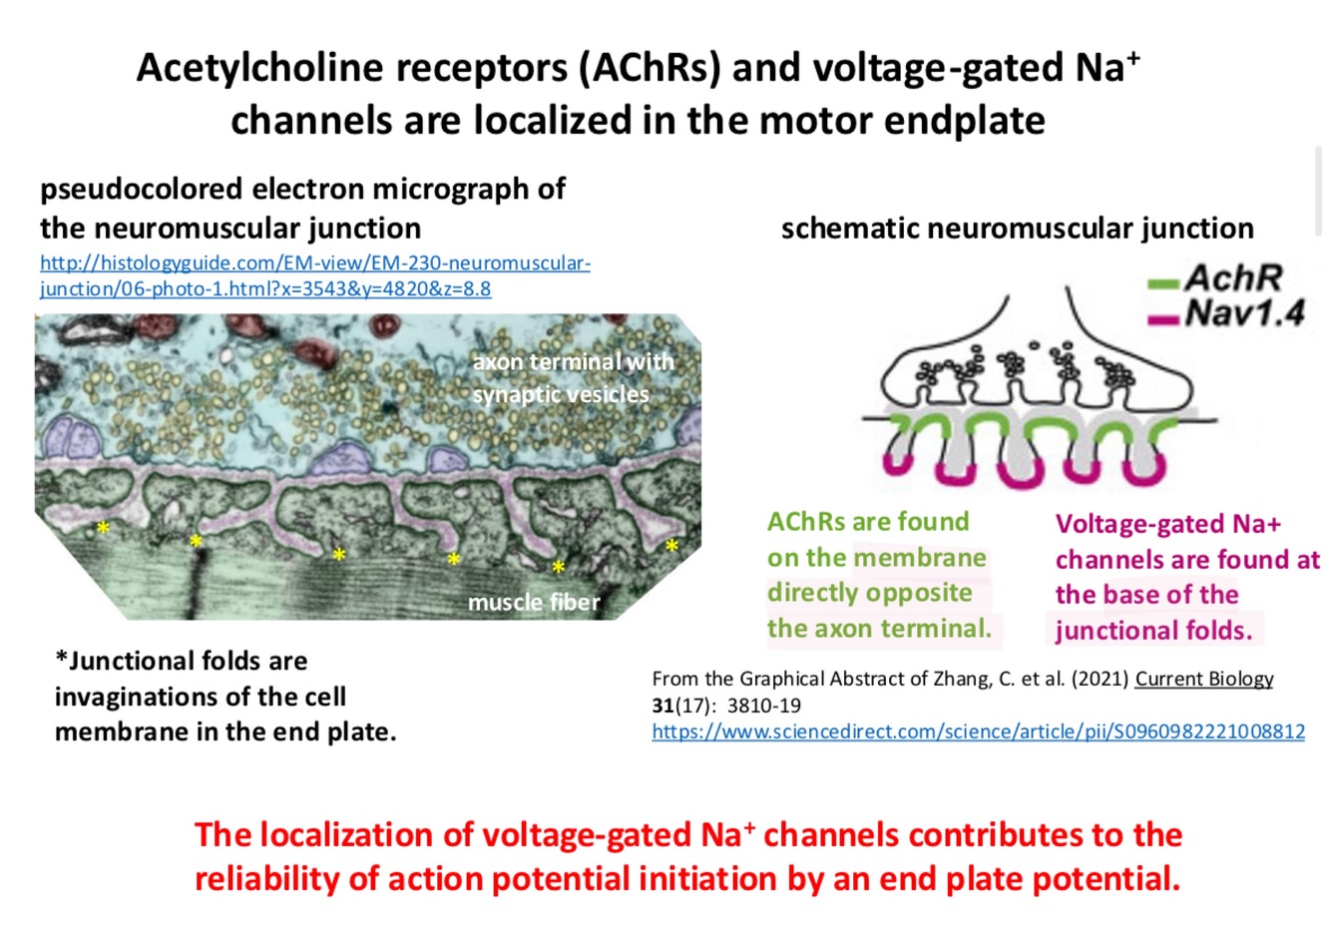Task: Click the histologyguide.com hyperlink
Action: pyautogui.click(x=314, y=263)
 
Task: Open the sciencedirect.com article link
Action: pyautogui.click(x=978, y=731)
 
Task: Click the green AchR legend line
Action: pyautogui.click(x=1163, y=284)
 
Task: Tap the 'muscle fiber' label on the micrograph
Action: pyautogui.click(x=534, y=602)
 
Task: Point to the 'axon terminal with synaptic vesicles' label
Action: pyautogui.click(x=573, y=377)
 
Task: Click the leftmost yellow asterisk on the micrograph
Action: pyautogui.click(x=102, y=526)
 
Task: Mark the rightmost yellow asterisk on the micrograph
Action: pyautogui.click(x=671, y=545)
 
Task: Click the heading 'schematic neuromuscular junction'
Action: pyautogui.click(x=1017, y=229)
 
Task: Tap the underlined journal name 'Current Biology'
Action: pyautogui.click(x=1204, y=679)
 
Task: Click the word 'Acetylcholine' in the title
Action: pyautogui.click(x=259, y=68)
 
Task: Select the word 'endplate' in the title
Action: pyautogui.click(x=974, y=120)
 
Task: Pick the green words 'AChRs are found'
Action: pyautogui.click(x=868, y=522)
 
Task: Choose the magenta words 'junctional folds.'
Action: pyautogui.click(x=1153, y=631)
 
